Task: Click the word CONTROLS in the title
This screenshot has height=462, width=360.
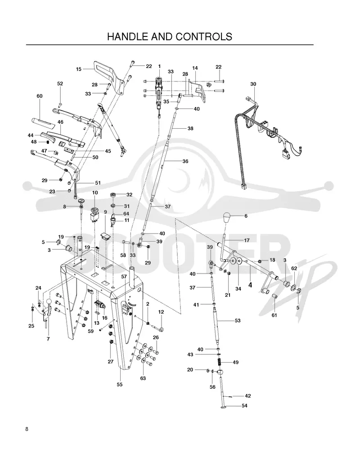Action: point(204,36)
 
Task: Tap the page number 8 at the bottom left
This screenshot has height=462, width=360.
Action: point(27,429)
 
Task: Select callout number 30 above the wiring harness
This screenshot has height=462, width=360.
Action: point(253,84)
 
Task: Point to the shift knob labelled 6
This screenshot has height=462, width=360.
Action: point(229,218)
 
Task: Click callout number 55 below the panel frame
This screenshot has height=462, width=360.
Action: point(119,385)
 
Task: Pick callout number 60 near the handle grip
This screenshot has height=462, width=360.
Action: point(40,96)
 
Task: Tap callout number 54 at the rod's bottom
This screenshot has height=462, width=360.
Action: point(244,406)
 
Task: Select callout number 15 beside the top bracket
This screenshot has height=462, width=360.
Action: point(79,69)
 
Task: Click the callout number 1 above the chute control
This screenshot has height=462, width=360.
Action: point(159,66)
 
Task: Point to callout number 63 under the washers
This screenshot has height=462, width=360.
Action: point(143,378)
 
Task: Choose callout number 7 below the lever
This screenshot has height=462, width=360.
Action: point(48,339)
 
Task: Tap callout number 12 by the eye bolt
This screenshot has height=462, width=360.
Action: point(161,312)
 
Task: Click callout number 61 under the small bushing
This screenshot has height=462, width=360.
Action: point(274,315)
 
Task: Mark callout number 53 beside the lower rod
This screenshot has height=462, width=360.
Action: point(238,321)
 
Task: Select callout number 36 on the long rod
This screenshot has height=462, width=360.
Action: point(185,161)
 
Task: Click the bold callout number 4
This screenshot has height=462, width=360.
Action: point(250,285)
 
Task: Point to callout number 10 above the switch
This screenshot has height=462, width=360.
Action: point(95,193)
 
